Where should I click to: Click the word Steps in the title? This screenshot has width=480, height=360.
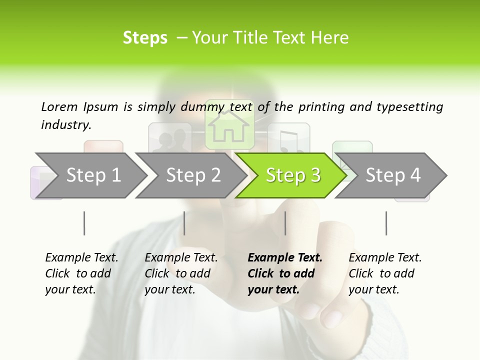[x=145, y=38]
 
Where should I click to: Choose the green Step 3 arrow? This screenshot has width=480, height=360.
[x=293, y=175]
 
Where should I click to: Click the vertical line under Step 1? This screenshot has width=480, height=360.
[x=84, y=223]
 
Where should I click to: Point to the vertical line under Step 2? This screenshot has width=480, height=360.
[x=184, y=223]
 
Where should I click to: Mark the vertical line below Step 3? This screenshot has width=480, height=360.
[x=285, y=223]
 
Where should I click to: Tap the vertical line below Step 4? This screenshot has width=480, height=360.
[x=386, y=223]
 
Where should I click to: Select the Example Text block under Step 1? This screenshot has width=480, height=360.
[x=81, y=273]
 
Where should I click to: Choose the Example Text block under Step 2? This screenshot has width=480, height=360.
[x=180, y=273]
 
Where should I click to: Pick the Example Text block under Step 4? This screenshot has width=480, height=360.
[x=384, y=273]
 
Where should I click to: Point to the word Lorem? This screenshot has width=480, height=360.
[x=59, y=106]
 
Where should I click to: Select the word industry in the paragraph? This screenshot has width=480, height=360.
[x=65, y=125]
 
